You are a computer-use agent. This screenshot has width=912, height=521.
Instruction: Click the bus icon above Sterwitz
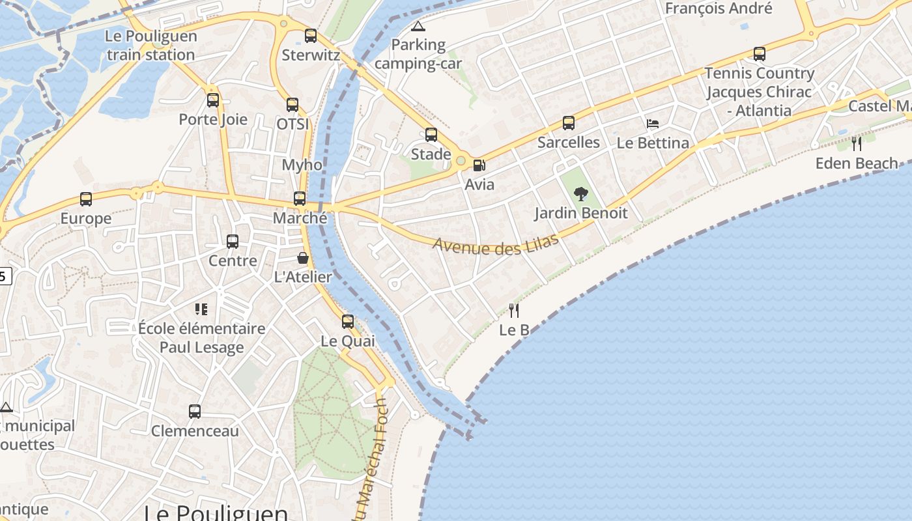click(x=311, y=36)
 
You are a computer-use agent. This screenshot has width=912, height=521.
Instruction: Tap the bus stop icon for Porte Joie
click(x=213, y=100)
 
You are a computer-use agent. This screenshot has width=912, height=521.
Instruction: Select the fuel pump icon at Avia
click(x=479, y=165)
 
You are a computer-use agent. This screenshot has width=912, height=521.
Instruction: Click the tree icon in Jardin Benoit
click(x=580, y=193)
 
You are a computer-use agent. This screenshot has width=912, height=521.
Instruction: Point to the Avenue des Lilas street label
click(x=496, y=246)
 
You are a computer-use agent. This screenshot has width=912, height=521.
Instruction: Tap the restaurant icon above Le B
click(x=514, y=310)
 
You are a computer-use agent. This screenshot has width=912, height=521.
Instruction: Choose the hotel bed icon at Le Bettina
click(x=653, y=124)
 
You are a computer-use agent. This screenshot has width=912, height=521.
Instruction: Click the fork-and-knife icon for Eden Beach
click(x=857, y=143)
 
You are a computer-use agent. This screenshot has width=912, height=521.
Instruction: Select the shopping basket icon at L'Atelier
click(x=303, y=258)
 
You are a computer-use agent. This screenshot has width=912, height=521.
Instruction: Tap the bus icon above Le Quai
click(x=348, y=322)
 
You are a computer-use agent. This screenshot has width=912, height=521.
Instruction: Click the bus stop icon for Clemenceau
click(x=195, y=412)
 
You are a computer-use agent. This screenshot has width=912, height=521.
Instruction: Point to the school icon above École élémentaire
click(x=201, y=309)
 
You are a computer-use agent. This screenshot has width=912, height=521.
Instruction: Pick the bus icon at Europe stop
click(x=86, y=199)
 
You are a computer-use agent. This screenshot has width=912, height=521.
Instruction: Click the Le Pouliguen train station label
click(x=150, y=46)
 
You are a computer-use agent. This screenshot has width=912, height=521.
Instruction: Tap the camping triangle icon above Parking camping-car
click(x=418, y=27)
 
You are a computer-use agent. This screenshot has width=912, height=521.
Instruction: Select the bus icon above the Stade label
click(x=431, y=135)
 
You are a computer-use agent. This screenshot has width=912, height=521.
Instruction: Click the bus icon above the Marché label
click(x=300, y=199)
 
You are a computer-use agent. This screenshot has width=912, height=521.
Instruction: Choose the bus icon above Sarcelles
click(x=569, y=122)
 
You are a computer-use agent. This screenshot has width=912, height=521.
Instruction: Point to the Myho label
click(x=302, y=165)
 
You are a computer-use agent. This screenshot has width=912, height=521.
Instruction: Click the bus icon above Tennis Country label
click(x=760, y=54)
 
